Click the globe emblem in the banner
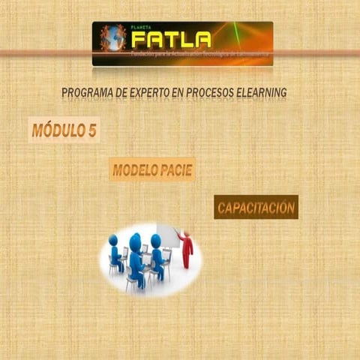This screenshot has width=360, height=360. click(x=113, y=38)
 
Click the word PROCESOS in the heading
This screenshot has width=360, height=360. click(x=213, y=93)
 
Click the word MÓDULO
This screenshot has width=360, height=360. click(x=57, y=130)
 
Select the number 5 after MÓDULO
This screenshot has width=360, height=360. click(x=91, y=130)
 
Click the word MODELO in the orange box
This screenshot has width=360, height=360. click(x=134, y=170)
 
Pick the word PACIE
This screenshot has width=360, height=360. click(x=175, y=170)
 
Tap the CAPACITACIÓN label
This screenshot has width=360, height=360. click(x=256, y=207)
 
